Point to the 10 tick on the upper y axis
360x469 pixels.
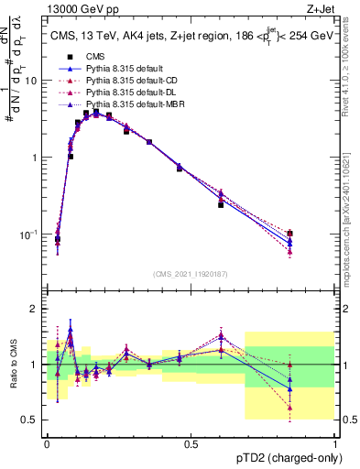pyautogui.click(x=35, y=81)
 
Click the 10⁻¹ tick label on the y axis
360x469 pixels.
pyautogui.click(x=31, y=234)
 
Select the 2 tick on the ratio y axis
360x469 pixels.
pyautogui.click(x=38, y=309)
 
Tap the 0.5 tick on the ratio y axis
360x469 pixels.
pyautogui.click(x=33, y=420)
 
